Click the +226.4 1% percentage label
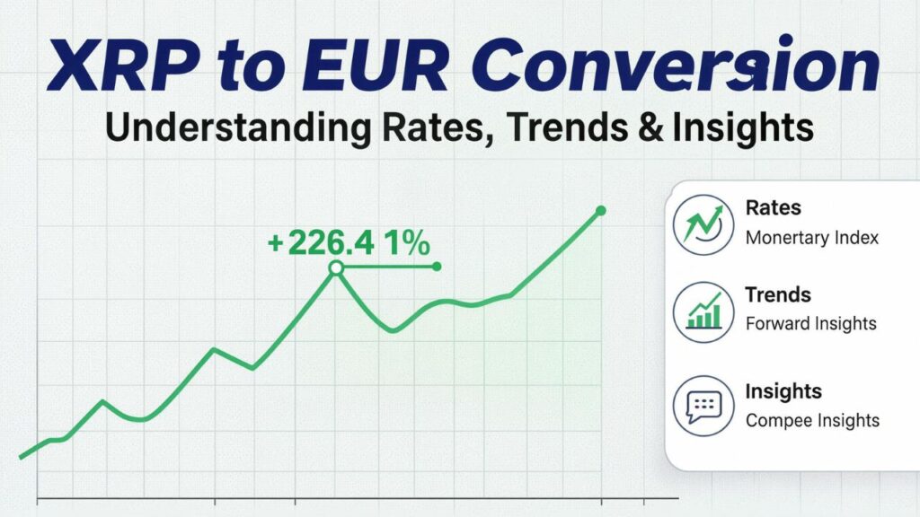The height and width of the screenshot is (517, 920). (x=349, y=242)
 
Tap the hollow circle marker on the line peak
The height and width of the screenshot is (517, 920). (x=336, y=267)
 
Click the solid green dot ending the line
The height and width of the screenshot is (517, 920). (x=600, y=211)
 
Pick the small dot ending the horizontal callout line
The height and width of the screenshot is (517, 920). (x=437, y=267)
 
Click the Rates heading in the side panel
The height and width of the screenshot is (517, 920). (x=773, y=208)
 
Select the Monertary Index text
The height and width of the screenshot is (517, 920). (x=811, y=238)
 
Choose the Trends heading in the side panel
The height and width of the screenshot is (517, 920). (x=778, y=294)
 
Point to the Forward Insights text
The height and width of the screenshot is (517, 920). (x=810, y=323)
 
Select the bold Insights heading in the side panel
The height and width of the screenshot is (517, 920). (x=783, y=391)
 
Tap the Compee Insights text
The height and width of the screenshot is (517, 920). (x=812, y=420)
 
